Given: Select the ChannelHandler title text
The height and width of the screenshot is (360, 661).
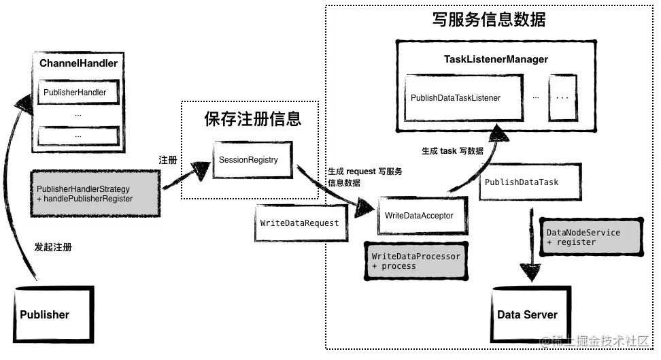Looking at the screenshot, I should [78, 63].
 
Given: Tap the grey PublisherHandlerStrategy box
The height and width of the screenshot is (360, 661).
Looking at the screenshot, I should [95, 193].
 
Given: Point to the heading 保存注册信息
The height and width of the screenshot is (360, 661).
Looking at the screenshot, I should [252, 119].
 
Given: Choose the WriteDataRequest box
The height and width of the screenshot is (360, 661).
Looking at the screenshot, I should [299, 223].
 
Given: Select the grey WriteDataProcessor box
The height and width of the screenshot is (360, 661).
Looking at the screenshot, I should [416, 261].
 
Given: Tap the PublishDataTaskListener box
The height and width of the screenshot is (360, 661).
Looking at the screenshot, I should [463, 98].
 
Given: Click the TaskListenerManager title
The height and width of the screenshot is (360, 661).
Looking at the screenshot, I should [496, 59].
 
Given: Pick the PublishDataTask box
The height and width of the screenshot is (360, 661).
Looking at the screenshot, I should [530, 182].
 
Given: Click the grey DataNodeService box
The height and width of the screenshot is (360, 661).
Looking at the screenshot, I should [590, 237].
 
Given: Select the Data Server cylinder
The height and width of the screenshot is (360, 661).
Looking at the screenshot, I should [527, 314].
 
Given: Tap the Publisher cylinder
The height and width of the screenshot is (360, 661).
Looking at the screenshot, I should [54, 314].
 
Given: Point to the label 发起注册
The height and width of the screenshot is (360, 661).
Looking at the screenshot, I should [53, 247].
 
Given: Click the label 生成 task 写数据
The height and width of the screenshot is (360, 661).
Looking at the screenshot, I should [452, 151].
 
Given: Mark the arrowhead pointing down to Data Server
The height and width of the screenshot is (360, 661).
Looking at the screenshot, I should [529, 272].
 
